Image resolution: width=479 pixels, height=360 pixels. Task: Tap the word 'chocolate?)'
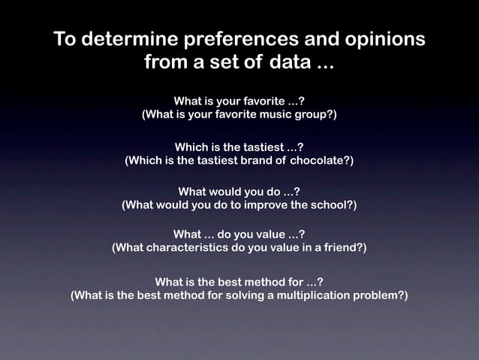pyautogui.click(x=315, y=160)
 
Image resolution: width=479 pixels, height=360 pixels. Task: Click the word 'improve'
pyautogui.click(x=262, y=204)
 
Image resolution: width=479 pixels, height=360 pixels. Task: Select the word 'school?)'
pyautogui.click(x=333, y=204)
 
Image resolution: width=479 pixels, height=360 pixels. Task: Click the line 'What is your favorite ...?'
pyautogui.click(x=239, y=101)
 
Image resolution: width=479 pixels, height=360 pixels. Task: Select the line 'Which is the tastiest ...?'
pyautogui.click(x=239, y=147)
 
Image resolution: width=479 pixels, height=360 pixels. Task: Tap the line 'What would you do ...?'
pyautogui.click(x=239, y=191)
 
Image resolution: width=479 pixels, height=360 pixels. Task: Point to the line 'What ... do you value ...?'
pyautogui.click(x=239, y=234)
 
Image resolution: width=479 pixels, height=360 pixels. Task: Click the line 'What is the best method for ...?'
pyautogui.click(x=239, y=282)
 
